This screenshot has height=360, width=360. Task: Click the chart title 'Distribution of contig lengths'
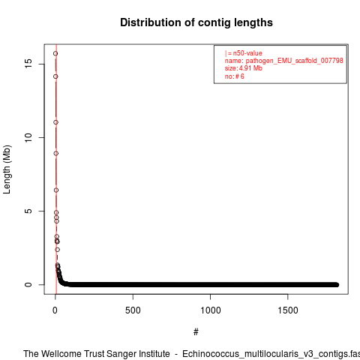(196, 22)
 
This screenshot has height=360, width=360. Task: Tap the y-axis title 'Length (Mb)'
(7, 169)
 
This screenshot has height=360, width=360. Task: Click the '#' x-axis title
(196, 332)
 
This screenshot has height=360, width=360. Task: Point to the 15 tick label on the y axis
(28, 64)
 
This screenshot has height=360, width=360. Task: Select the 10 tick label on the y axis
(28, 137)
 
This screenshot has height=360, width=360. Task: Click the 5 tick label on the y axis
(28, 211)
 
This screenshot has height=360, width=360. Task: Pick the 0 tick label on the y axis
(28, 284)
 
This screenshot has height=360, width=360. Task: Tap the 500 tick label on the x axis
(133, 310)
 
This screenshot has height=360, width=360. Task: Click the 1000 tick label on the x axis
(211, 310)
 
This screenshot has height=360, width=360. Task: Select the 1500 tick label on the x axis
(288, 310)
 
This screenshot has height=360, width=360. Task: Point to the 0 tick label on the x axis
(55, 310)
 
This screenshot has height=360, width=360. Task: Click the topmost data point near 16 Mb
(55, 53)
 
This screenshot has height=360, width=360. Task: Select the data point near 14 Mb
(55, 76)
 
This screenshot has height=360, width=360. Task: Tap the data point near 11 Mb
(55, 122)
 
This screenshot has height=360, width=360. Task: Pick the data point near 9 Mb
(56, 153)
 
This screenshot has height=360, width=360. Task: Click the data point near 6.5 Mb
(56, 190)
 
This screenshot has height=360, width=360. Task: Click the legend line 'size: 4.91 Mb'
(243, 68)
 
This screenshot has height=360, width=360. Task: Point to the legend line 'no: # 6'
(234, 76)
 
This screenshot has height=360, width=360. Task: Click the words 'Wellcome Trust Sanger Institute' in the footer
(106, 354)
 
